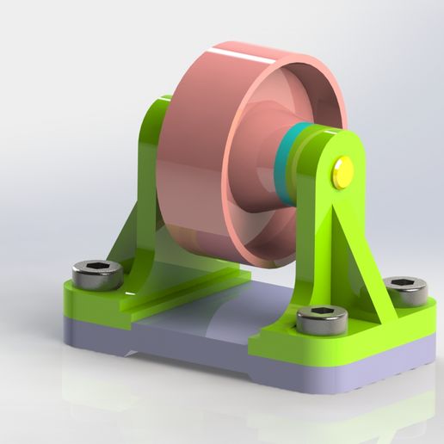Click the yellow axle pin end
(342, 171)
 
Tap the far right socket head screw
(404, 290)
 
